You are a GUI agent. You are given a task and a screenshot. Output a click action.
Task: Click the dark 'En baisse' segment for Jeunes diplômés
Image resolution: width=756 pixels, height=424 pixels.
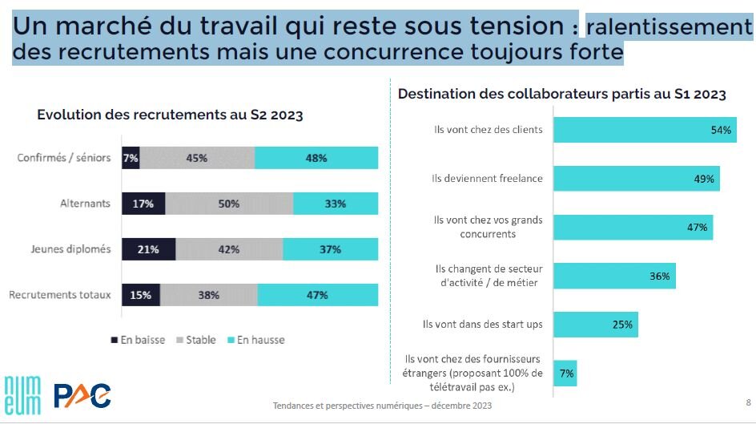click(x=148, y=249)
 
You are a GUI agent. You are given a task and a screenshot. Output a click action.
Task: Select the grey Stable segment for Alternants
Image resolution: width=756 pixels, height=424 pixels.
click(x=229, y=204)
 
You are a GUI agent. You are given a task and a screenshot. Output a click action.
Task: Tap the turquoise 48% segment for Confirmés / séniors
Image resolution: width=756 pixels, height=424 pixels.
click(x=316, y=158)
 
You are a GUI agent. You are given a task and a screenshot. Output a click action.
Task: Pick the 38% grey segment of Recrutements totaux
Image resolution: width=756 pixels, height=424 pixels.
click(x=209, y=295)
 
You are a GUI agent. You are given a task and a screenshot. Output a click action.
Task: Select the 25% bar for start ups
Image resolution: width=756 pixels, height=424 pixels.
click(x=595, y=325)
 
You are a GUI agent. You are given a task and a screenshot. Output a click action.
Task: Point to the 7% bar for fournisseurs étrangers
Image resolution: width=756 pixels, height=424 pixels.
click(x=566, y=373)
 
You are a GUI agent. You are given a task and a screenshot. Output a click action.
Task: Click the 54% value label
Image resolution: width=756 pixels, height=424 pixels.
click(x=722, y=130)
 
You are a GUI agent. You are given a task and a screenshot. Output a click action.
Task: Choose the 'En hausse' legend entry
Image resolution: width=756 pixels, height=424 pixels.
click(x=256, y=340)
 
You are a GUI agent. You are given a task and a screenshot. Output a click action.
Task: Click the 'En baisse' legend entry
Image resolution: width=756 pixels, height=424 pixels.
click(x=137, y=340)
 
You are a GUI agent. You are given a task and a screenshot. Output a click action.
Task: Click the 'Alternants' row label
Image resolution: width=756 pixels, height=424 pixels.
click(x=86, y=204)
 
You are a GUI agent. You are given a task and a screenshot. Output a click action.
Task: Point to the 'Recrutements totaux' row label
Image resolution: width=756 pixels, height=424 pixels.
click(x=60, y=295)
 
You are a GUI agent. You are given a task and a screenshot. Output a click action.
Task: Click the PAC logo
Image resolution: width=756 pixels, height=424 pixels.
click(x=82, y=395)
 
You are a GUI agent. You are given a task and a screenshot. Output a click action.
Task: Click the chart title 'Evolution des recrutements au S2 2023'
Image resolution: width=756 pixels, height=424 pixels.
click(x=170, y=115)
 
